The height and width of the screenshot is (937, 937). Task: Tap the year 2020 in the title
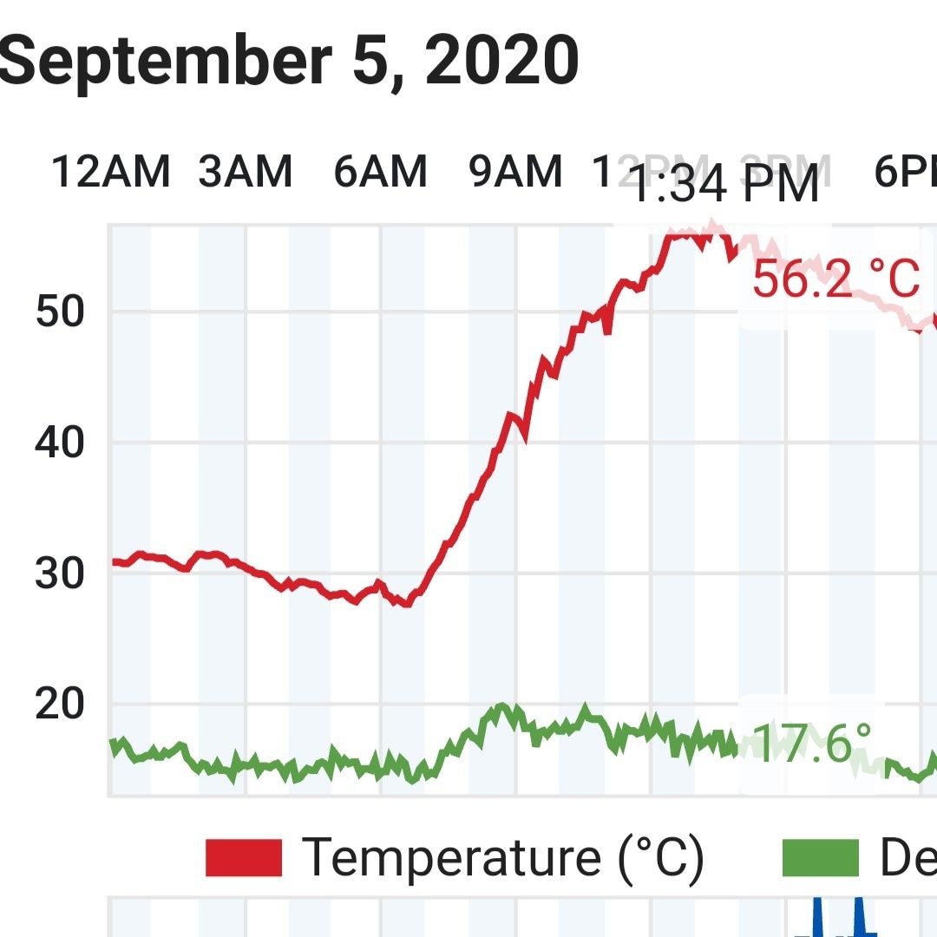point(501,62)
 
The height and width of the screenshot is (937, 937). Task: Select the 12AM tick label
point(110,171)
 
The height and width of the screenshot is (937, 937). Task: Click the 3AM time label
point(246,171)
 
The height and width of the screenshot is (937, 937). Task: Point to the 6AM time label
point(381,171)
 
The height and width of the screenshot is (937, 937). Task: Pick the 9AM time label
point(516,171)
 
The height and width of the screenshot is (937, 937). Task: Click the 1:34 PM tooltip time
point(723,185)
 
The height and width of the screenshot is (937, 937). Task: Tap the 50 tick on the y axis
point(60,312)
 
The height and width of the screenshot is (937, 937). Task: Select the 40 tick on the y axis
point(60,443)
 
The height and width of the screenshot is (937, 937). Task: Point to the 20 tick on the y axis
point(60,704)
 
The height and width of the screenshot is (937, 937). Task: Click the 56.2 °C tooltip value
point(835,279)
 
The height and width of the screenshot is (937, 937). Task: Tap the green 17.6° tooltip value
point(811,744)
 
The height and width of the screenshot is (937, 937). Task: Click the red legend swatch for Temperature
point(244,858)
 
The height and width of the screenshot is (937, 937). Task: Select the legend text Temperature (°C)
point(502,858)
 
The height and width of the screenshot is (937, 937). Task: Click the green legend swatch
point(820,858)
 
